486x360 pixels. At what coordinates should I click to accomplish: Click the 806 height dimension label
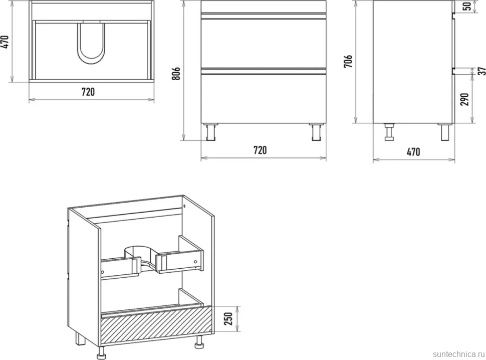[176, 74]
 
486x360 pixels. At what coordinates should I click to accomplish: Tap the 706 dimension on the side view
[348, 61]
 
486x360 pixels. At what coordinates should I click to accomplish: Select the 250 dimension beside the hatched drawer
[228, 319]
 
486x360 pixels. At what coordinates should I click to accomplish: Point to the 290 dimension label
[464, 99]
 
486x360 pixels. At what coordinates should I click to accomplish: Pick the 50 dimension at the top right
[467, 6]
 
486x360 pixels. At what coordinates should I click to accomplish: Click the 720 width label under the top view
[88, 92]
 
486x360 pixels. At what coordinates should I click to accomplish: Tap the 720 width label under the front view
[260, 150]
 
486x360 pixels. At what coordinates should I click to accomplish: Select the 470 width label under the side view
[413, 152]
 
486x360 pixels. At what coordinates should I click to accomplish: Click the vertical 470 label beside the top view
[6, 42]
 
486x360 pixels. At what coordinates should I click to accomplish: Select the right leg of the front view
[316, 132]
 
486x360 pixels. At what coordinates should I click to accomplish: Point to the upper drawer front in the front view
[263, 43]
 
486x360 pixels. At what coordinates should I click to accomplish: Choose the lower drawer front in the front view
[263, 98]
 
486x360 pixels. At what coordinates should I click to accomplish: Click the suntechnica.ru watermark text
[458, 354]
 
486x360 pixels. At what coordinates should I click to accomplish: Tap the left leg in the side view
[389, 132]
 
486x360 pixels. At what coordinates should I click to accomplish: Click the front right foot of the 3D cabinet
[198, 342]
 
